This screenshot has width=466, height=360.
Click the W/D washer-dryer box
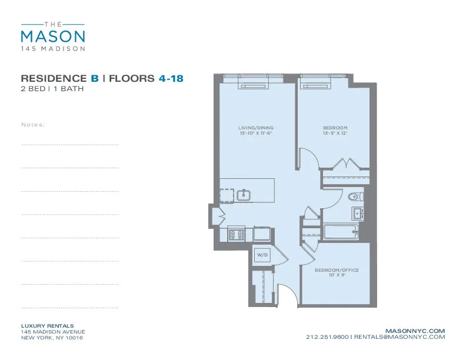[x=262, y=255]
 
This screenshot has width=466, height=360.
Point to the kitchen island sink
[x=244, y=194]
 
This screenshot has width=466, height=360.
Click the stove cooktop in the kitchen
[x=236, y=235]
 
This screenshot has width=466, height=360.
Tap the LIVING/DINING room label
[x=255, y=128]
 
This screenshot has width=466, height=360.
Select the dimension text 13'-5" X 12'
[x=335, y=133]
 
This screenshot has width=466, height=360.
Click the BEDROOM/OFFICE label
[x=337, y=270]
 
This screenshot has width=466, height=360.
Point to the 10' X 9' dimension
[x=337, y=275]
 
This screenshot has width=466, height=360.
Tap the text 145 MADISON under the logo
[x=53, y=48]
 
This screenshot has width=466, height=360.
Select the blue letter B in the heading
[x=94, y=79]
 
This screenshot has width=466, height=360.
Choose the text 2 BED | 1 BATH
[x=52, y=89]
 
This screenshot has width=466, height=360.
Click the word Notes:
[x=33, y=125]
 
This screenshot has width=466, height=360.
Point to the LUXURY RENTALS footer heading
[x=47, y=326]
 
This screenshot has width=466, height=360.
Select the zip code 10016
[x=74, y=338]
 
